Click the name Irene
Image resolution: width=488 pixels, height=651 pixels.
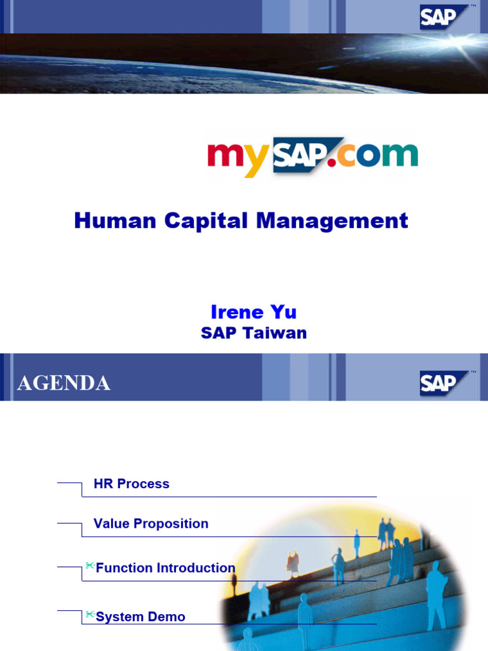[237, 312]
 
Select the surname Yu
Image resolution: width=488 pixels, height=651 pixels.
[283, 312]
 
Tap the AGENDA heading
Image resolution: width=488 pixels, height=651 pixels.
[64, 383]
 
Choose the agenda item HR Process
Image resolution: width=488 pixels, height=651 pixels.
[132, 484]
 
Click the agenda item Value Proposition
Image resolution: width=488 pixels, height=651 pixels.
[151, 524]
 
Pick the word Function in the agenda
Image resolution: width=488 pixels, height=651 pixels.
[125, 568]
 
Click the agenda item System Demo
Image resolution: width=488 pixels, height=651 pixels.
[140, 617]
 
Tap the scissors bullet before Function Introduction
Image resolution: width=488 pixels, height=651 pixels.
[90, 565]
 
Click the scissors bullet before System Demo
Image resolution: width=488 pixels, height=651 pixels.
[90, 614]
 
